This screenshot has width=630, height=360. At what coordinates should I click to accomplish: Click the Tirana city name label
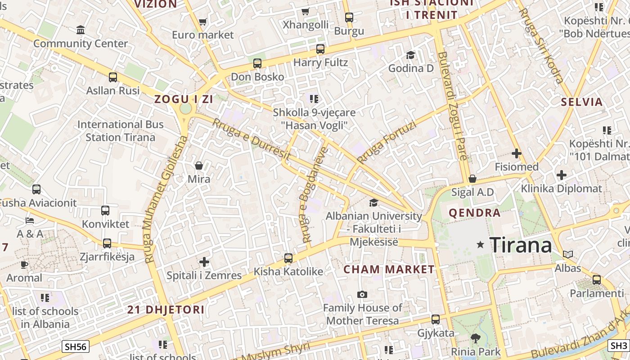tap(521, 245)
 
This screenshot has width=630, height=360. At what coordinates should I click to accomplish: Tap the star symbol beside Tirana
tap(481, 245)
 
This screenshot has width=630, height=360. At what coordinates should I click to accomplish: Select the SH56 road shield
tap(75, 346)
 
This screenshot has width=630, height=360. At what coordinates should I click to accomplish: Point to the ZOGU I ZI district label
tap(184, 99)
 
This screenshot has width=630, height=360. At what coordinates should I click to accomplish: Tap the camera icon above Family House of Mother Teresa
tap(362, 295)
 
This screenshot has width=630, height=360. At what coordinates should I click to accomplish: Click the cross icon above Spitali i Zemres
tap(204, 261)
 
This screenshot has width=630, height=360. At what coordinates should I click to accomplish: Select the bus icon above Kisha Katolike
tap(288, 258)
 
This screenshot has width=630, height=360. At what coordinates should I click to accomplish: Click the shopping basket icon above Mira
tap(199, 166)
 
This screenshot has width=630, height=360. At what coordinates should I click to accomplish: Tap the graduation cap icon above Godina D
tap(410, 55)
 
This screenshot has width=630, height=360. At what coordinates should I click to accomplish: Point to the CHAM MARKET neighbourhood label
tap(389, 270)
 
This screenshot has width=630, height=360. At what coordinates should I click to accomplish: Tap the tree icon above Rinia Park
tap(476, 338)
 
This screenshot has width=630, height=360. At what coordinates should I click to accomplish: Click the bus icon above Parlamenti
tap(597, 280)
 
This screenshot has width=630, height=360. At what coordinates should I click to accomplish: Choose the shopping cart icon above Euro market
tap(203, 22)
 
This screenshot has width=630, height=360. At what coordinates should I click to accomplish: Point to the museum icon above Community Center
tap(81, 30)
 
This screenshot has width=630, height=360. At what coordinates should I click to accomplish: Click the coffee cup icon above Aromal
tap(24, 265)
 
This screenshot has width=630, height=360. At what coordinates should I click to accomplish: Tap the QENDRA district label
tap(475, 213)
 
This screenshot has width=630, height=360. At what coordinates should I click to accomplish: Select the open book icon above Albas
tap(568, 255)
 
